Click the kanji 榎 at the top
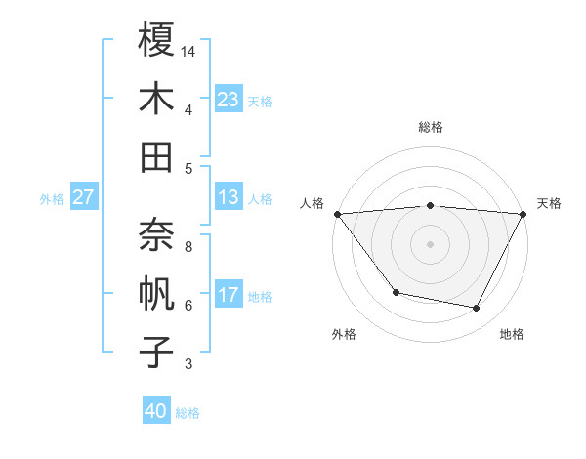pyautogui.click(x=156, y=40)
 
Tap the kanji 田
pyautogui.click(x=156, y=156)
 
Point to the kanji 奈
pyautogui.click(x=156, y=234)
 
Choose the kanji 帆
pyautogui.click(x=156, y=293)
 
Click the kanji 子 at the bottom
pyautogui.click(x=156, y=352)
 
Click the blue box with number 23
pyautogui.click(x=229, y=99)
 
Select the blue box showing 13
pyautogui.click(x=229, y=197)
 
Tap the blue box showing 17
pyautogui.click(x=229, y=295)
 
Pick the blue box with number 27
pyautogui.click(x=84, y=197)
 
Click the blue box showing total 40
pyautogui.click(x=156, y=411)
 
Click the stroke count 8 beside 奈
pyautogui.click(x=188, y=246)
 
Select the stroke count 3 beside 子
pyautogui.click(x=188, y=365)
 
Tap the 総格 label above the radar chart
pyautogui.click(x=430, y=127)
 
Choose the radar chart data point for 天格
pyautogui.click(x=523, y=213)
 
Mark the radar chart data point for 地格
pyautogui.click(x=477, y=309)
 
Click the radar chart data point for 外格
pyautogui.click(x=396, y=292)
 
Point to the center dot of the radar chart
pyautogui.click(x=430, y=243)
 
